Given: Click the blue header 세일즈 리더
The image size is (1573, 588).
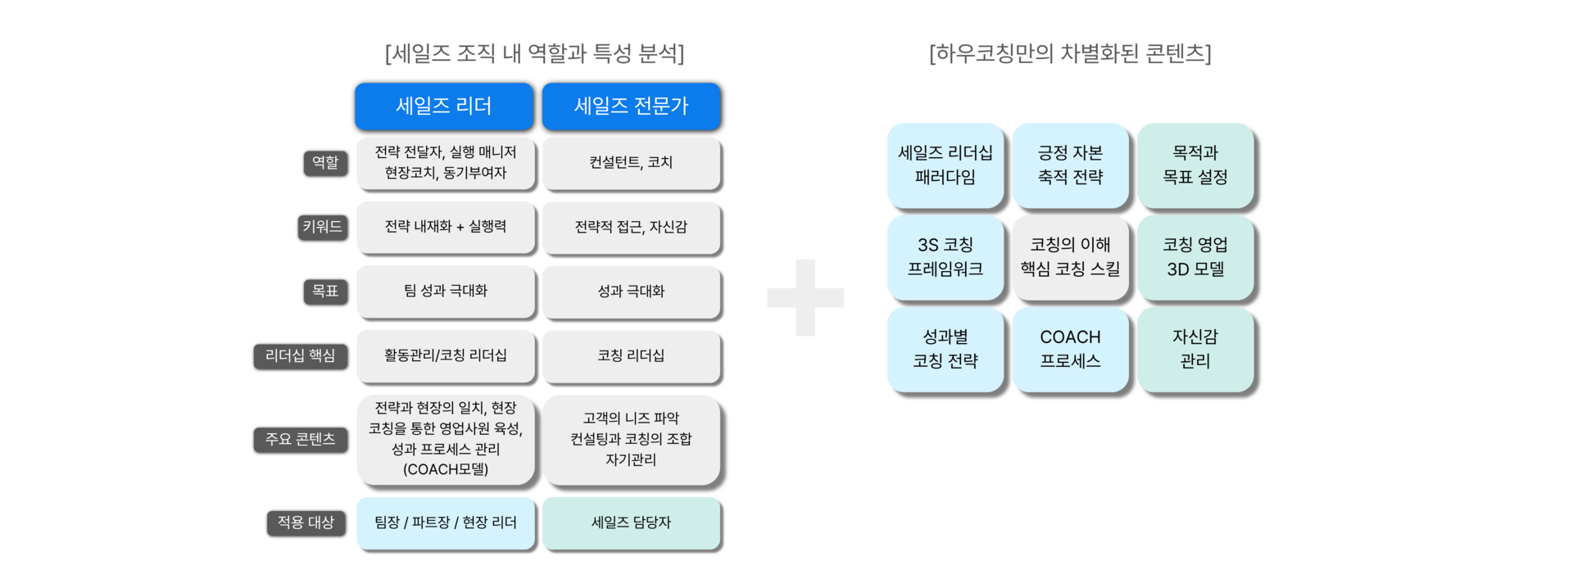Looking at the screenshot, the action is (444, 106).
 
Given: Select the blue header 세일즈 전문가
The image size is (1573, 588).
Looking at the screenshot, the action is (631, 106).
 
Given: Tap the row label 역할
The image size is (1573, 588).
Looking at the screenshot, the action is (325, 163).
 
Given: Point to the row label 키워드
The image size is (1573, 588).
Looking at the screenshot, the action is (323, 227).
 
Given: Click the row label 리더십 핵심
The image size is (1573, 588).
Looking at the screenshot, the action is (301, 355).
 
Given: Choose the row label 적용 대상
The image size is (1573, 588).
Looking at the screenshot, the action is (306, 522).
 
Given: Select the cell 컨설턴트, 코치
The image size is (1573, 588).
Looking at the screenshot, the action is (631, 163).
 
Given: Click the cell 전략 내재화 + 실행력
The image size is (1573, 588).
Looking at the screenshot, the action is (446, 227).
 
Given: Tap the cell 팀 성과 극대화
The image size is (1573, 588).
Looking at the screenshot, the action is (446, 291).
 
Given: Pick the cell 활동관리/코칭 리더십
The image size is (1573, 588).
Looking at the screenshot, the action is (446, 355).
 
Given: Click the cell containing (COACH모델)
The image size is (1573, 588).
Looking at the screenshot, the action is (446, 439).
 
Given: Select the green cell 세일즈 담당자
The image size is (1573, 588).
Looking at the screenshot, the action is (631, 522).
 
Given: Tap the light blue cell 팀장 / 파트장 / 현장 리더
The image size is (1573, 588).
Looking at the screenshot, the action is (446, 522).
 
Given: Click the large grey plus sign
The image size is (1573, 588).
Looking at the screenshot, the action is (805, 297).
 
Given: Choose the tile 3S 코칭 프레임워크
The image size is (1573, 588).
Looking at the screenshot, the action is (945, 257).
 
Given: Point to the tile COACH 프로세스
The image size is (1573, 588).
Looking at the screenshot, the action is (1070, 350).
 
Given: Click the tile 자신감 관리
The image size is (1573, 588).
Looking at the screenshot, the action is (1195, 350).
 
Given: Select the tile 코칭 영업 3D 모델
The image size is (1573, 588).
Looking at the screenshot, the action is (1195, 257).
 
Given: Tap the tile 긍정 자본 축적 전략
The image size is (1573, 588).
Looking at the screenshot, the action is (1070, 165).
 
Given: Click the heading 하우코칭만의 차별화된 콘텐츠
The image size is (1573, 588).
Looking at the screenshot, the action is (1070, 54).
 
